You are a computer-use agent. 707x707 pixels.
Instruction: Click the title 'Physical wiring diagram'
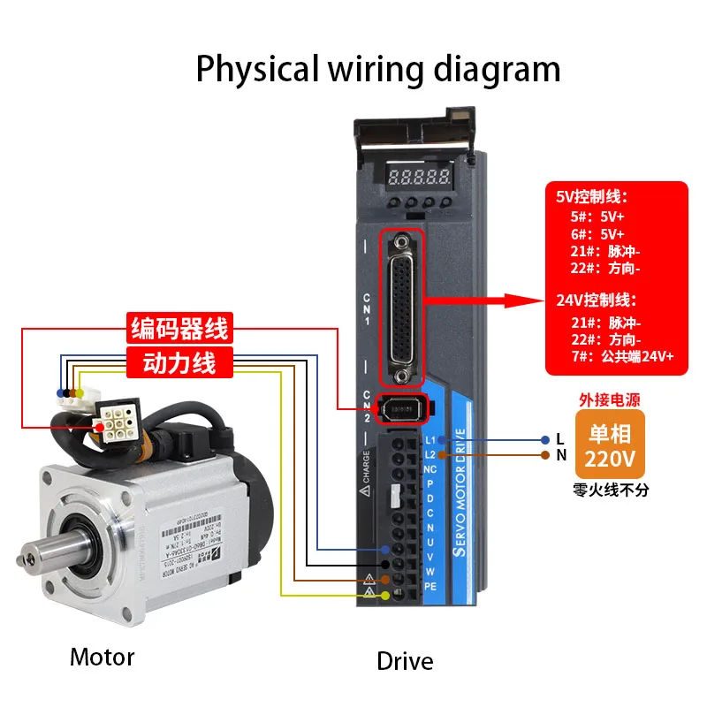377,68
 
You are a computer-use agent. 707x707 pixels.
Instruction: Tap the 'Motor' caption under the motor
102,657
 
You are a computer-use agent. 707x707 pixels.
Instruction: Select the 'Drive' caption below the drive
405,660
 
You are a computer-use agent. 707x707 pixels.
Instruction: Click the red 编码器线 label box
179,329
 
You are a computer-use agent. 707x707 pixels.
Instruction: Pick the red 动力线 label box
179,361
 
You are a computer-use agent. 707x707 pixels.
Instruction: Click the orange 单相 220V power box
611,446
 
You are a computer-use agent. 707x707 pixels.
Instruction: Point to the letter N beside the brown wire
560,456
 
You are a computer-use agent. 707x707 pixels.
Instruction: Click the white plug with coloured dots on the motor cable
71,397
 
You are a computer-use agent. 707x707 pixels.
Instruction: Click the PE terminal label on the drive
430,585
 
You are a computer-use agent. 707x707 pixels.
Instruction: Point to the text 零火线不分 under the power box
611,490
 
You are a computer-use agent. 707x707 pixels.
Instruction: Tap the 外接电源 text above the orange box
611,399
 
